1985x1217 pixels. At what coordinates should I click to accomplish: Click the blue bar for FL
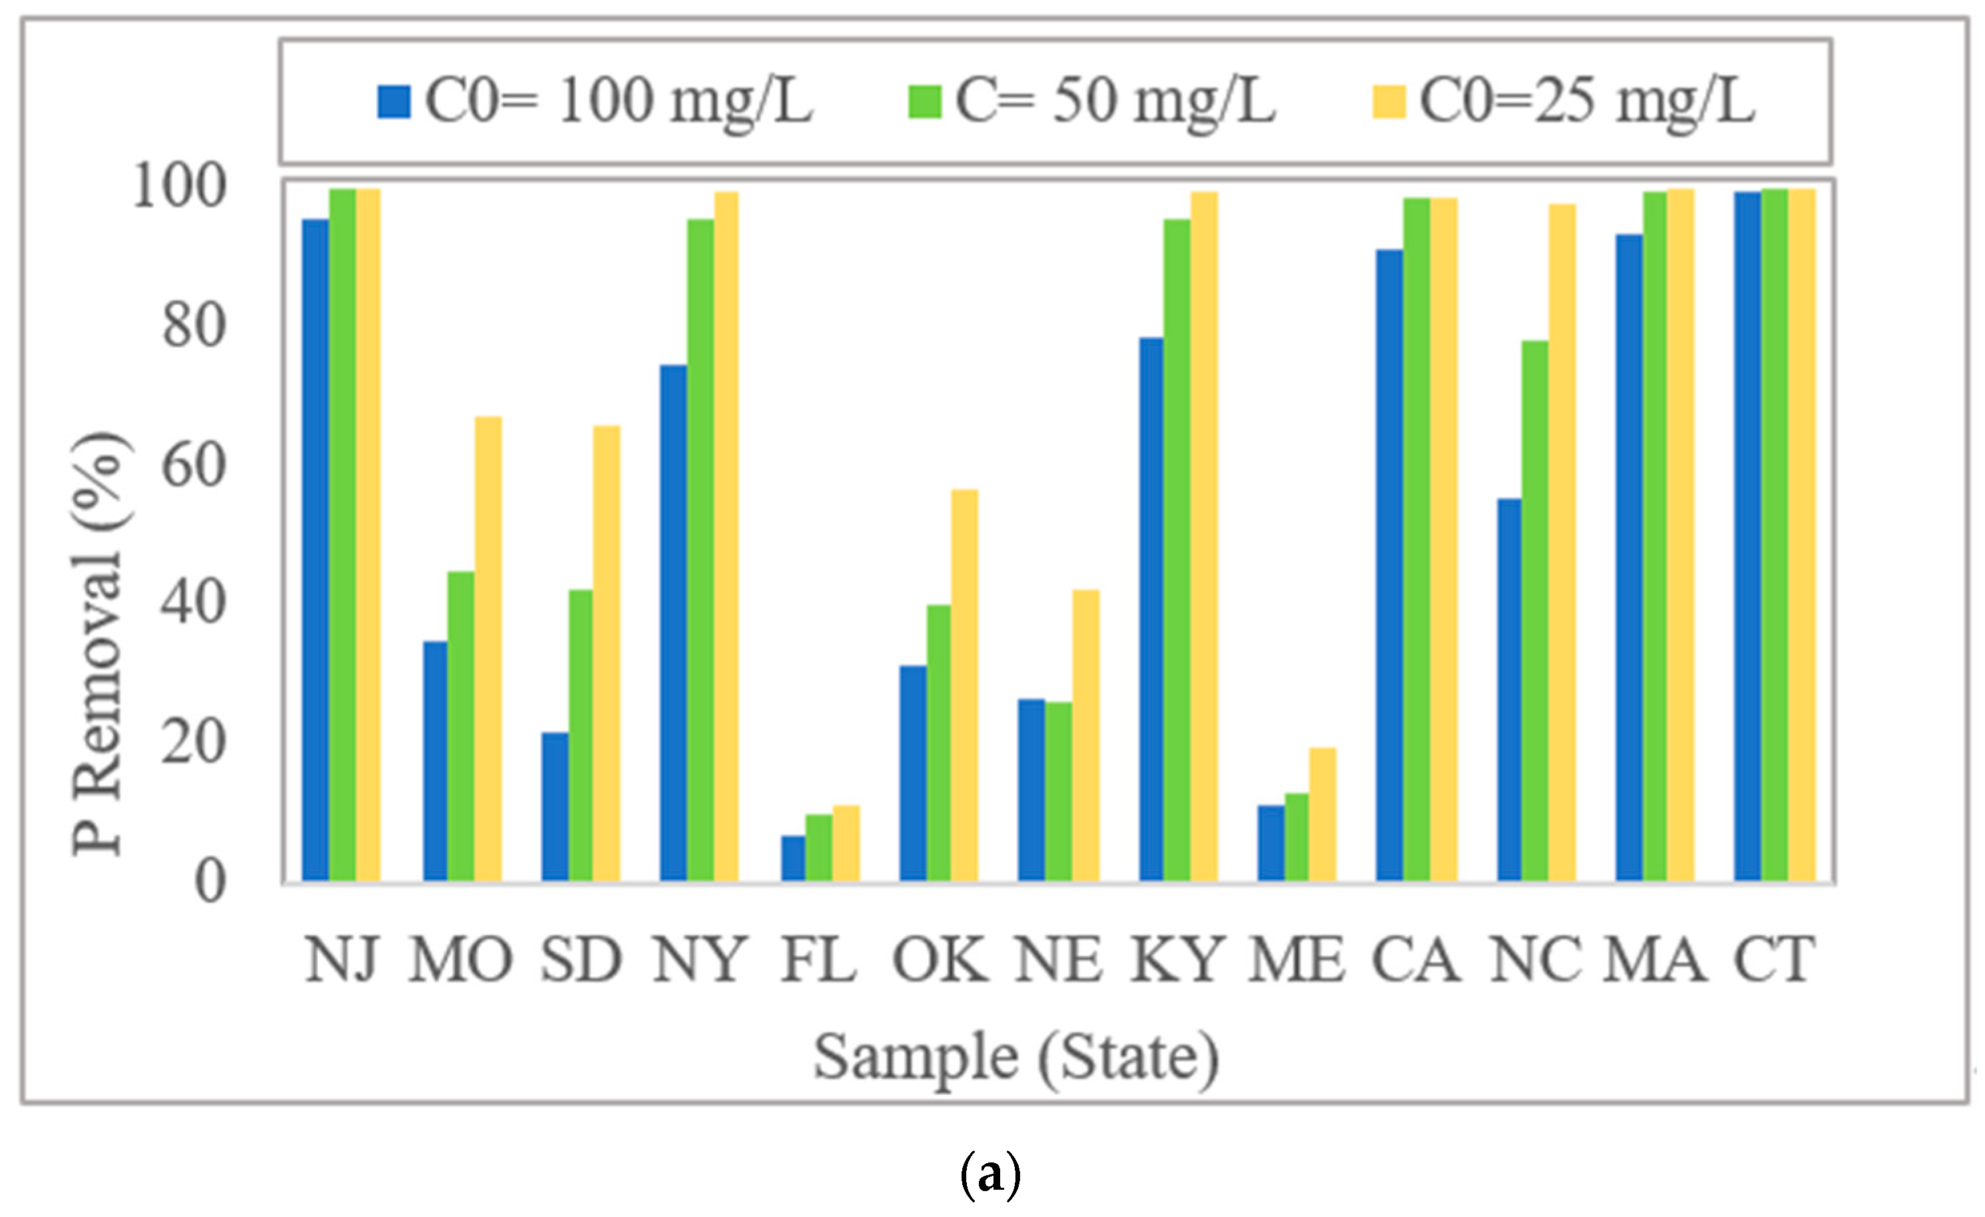pos(793,859)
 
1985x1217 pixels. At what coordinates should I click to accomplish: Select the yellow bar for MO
pos(488,648)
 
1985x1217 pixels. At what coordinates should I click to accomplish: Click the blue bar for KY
pos(1152,609)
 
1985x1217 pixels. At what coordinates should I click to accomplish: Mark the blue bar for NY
pos(674,622)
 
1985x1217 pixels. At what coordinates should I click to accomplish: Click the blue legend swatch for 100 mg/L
pos(394,102)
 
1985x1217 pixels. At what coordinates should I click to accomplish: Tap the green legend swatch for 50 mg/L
pos(924,102)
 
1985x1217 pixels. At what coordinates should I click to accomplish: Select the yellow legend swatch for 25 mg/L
pos(1389,102)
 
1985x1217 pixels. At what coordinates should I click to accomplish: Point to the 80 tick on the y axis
pos(194,327)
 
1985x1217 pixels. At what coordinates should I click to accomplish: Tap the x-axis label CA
pos(1416,960)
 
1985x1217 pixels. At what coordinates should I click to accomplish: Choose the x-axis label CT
pos(1775,960)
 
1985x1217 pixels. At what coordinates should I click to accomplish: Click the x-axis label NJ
pos(342,960)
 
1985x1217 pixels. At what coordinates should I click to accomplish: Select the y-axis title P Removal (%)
pos(98,644)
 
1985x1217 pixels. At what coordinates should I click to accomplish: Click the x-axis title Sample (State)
pos(1016,1057)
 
